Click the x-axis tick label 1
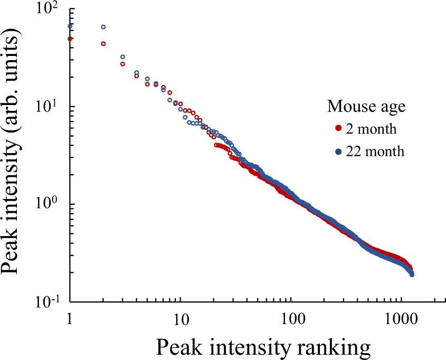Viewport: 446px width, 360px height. pyautogui.click(x=70, y=319)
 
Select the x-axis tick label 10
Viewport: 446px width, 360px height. pyautogui.click(x=180, y=319)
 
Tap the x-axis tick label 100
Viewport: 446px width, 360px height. pyautogui.click(x=291, y=319)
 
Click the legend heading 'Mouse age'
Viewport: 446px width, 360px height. pyautogui.click(x=366, y=107)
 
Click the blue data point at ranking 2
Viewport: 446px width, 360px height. pyautogui.click(x=103, y=27)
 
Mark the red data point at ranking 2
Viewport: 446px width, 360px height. pyautogui.click(x=103, y=44)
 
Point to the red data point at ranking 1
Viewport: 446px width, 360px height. pyautogui.click(x=70, y=39)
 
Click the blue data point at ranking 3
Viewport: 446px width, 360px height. pyautogui.click(x=122, y=56)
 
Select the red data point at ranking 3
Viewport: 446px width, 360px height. pyautogui.click(x=122, y=64)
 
